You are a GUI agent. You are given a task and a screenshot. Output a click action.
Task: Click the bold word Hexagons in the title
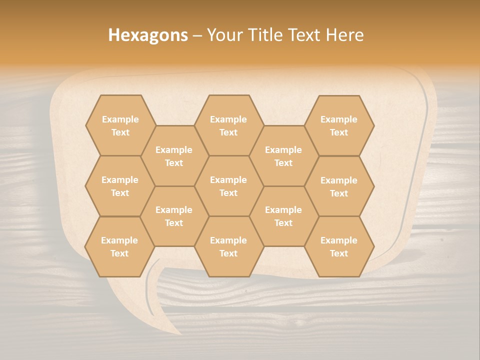coord(148,35)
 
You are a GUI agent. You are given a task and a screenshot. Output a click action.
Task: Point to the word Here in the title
coord(344,35)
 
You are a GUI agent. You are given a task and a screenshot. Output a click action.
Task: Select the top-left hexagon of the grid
coord(120,125)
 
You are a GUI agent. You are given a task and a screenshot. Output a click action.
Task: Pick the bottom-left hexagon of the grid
coord(119,246)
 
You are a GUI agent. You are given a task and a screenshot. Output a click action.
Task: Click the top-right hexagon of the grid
coord(339,125)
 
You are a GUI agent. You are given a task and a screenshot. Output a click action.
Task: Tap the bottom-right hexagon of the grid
coord(339,246)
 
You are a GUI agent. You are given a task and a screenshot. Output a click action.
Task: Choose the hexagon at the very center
coord(228,186)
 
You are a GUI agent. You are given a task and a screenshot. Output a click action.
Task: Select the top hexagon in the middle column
coord(228,125)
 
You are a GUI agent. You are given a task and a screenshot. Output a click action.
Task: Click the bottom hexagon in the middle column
coord(228,246)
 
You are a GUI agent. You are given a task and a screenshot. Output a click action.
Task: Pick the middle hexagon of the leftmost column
coord(120,186)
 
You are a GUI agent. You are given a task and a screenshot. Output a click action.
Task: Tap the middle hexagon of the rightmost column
coord(339,186)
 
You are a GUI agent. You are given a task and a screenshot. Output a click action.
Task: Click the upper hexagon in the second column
coord(174,156)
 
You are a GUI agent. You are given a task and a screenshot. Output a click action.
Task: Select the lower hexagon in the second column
coord(174,216)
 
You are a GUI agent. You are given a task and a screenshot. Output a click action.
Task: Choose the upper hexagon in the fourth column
coord(283,156)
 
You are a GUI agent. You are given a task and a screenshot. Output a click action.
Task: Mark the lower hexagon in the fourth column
coord(283,216)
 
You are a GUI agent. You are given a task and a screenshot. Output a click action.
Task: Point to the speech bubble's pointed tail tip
coord(180,333)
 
